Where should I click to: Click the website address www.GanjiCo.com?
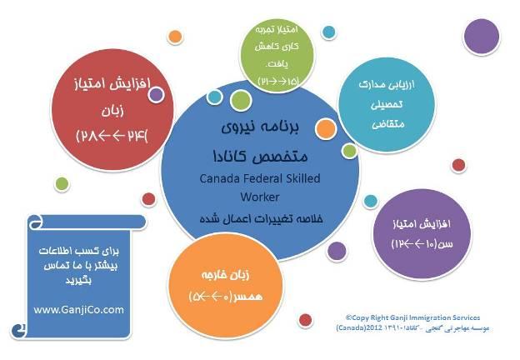(79, 309)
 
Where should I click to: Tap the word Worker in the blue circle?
(259, 197)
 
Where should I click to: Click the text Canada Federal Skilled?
(259, 178)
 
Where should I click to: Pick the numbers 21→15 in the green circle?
(279, 80)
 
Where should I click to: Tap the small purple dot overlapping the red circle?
(156, 95)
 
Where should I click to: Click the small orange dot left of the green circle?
(175, 37)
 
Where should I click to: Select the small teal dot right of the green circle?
(328, 32)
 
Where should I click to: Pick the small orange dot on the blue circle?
(327, 128)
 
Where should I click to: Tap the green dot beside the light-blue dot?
(241, 101)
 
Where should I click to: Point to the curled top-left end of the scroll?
(35, 222)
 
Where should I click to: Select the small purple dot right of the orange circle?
(337, 250)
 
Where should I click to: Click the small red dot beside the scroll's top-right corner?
(148, 199)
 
